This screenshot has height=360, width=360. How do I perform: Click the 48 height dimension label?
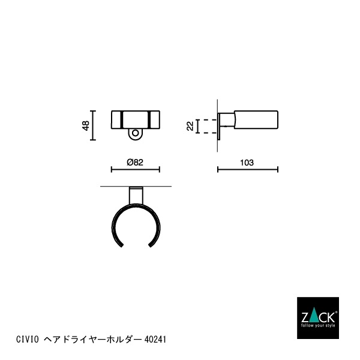[x=86, y=125]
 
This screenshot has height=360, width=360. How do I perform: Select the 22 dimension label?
[x=190, y=125]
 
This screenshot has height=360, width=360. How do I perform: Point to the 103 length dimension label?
[x=247, y=162]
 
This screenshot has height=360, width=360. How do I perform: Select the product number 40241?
[x=155, y=340]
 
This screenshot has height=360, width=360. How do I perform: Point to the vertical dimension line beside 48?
[x=92, y=125]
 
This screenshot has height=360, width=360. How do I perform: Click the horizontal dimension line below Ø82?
[x=136, y=170]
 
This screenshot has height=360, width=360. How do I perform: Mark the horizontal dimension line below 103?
[x=247, y=170]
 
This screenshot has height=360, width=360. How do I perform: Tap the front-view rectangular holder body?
[x=136, y=119]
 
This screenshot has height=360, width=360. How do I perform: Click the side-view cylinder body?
[x=255, y=119]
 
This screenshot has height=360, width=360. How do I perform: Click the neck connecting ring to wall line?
[x=136, y=196]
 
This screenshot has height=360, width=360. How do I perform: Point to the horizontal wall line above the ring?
[x=136, y=187]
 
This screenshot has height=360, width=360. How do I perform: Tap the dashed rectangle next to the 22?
[x=207, y=126]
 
